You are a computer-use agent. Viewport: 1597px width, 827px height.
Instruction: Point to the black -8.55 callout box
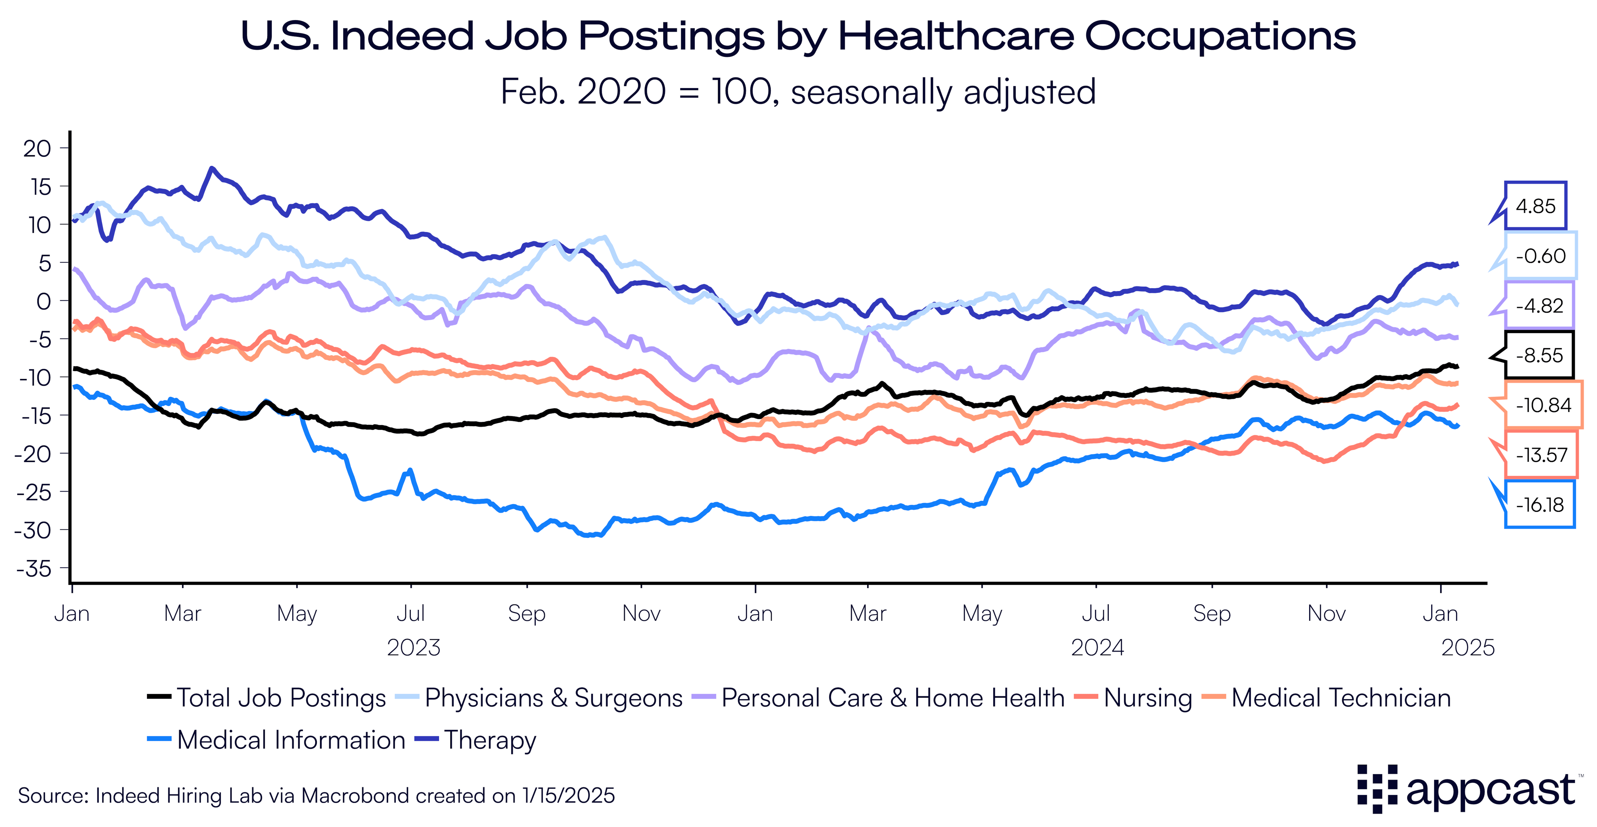tap(1539, 355)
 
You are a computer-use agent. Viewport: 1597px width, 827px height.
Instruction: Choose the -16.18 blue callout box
tap(1539, 505)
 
